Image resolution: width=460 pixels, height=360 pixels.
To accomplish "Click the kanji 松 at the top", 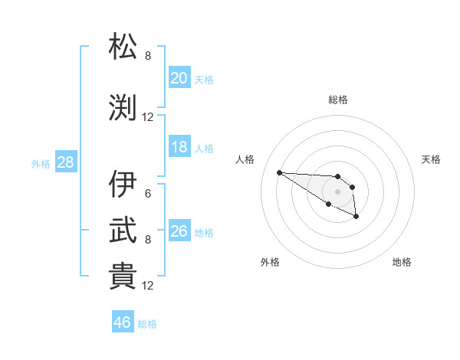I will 123,47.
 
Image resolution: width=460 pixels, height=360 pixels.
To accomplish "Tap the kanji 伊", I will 123,185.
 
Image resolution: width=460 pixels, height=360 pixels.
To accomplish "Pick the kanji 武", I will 123,231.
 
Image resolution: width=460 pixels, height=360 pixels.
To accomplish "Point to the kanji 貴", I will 123,277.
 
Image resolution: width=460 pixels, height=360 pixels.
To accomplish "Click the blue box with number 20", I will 179,78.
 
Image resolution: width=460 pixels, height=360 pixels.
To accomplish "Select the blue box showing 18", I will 179,147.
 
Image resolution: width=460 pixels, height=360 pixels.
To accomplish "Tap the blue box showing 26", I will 179,231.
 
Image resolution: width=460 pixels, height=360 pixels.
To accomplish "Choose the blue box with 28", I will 65,162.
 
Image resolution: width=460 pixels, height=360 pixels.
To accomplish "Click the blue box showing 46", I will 123,322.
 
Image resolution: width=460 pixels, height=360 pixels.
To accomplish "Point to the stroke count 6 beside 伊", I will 148,194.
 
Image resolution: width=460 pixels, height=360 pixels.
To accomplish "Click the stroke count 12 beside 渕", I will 148,117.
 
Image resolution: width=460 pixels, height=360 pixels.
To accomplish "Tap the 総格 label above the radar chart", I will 337,100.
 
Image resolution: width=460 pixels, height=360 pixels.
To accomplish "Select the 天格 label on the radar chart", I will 431,159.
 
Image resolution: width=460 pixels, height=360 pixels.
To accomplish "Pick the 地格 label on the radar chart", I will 402,262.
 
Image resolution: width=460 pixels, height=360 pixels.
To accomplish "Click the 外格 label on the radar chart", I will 270,262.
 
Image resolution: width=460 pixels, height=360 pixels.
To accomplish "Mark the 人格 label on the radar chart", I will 245,159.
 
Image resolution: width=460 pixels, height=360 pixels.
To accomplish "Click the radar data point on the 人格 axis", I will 279,172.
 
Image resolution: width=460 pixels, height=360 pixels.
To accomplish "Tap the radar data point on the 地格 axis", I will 356,218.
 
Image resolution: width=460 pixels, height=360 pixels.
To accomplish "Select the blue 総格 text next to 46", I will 147,324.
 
